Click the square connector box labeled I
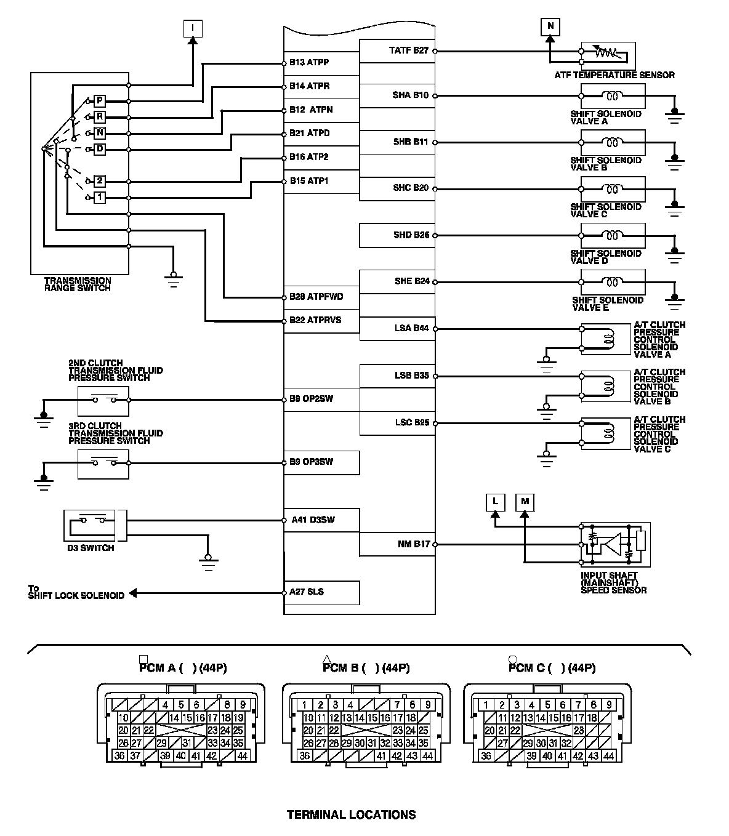pos(193,27)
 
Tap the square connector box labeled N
pos(550,26)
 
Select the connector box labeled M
pos(525,502)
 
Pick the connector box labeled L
pos(495,502)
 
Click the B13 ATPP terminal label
pos(309,63)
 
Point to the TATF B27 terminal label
pos(408,50)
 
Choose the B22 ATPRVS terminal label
pos(315,320)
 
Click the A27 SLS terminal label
pos(307,592)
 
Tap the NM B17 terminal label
pos(414,544)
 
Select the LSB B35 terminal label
pos(411,376)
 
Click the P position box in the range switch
pos(100,101)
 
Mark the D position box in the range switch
pos(100,149)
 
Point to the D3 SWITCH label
pos(91,548)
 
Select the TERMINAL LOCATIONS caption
pos(351,814)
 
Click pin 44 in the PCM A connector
pos(241,756)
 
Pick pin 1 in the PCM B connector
pos(305,705)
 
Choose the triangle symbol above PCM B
pos(327,659)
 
